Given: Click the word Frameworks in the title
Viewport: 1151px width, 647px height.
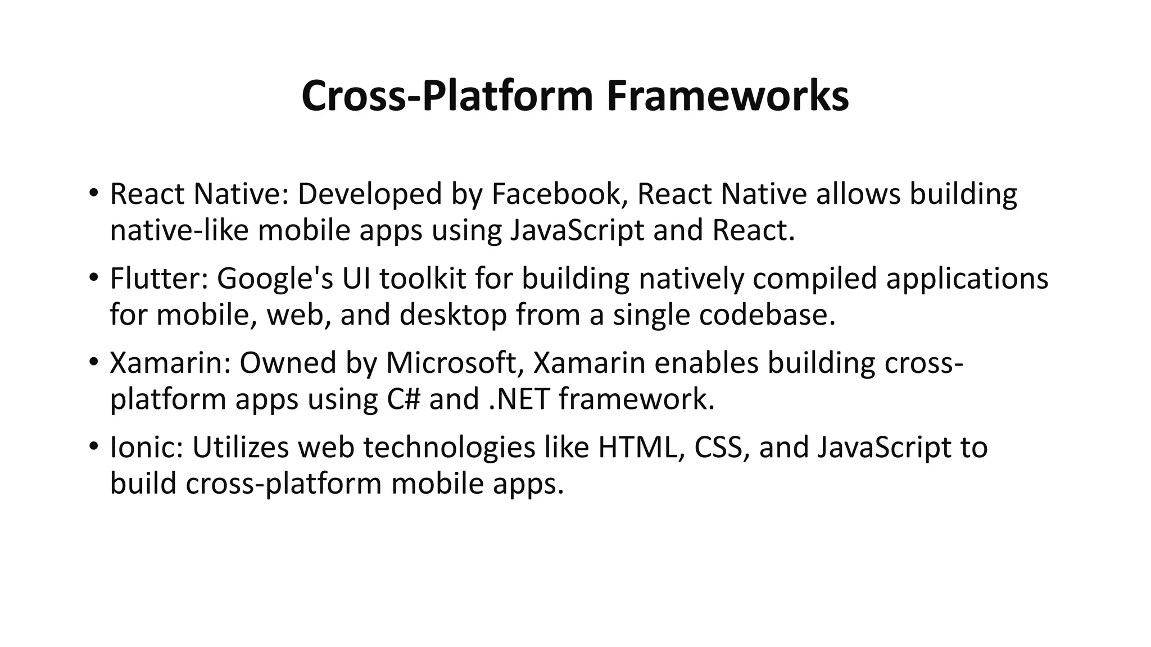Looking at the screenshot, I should pos(728,96).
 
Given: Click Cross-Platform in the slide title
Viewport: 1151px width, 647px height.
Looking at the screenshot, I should pos(447,96).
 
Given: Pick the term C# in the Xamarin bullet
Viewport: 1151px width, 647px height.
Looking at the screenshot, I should pos(403,399).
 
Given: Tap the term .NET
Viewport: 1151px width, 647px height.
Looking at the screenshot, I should pos(519,399).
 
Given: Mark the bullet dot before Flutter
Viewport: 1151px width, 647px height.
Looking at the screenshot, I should pos(93,278).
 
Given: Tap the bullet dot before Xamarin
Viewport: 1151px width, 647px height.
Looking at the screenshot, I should pos(93,363).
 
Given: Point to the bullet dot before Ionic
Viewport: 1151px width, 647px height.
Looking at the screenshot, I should pos(93,447).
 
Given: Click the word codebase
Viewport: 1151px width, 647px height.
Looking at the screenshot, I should pos(767,315).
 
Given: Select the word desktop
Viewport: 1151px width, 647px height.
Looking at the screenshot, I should pos(453,316).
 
